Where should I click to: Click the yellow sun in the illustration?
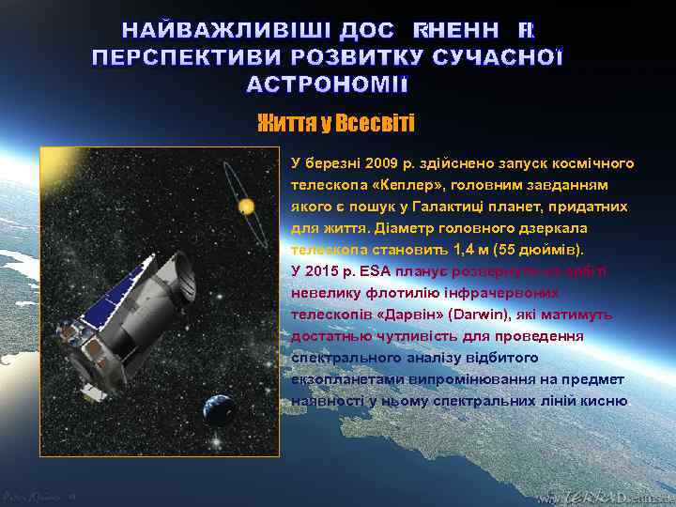[246, 206]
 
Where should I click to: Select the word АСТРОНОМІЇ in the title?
[327, 85]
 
